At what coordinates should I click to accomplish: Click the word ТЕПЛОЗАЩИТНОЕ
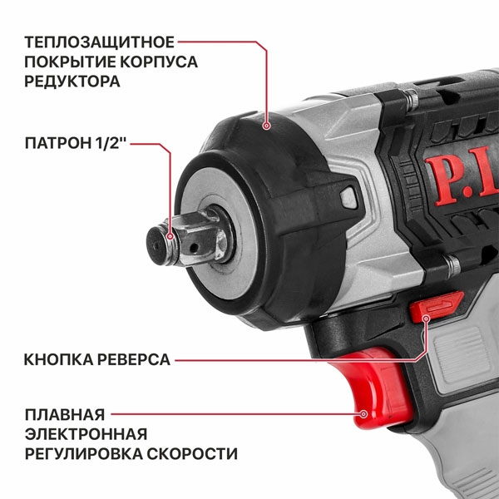tap(99, 42)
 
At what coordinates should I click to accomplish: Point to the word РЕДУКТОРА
tap(72, 82)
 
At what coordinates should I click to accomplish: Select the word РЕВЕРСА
tap(133, 360)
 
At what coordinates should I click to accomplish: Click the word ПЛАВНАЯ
tap(64, 413)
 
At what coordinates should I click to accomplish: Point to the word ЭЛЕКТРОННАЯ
tap(86, 433)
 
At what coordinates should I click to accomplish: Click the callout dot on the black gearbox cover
tap(267, 126)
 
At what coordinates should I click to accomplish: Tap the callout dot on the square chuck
tap(170, 238)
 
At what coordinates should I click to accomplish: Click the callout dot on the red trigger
tap(363, 413)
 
